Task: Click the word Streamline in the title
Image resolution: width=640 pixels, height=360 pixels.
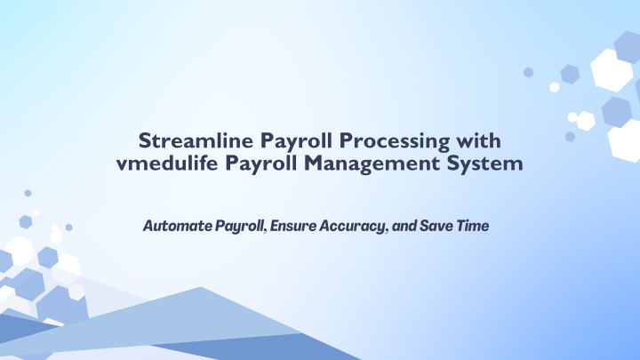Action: click(196, 140)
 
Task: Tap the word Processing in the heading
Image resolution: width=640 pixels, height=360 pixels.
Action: click(395, 142)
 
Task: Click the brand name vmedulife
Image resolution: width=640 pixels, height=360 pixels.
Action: click(167, 163)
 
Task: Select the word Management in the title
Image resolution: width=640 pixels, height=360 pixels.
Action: click(372, 164)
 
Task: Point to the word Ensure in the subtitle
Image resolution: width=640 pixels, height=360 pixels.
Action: click(293, 226)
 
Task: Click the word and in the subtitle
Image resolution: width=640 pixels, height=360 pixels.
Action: click(404, 226)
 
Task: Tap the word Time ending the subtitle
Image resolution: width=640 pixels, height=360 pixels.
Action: click(473, 226)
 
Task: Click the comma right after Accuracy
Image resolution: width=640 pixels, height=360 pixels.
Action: click(387, 231)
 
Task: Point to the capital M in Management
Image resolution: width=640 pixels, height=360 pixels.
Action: click(316, 163)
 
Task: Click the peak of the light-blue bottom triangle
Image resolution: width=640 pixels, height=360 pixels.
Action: click(200, 287)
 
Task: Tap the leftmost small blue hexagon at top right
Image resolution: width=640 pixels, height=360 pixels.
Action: click(529, 72)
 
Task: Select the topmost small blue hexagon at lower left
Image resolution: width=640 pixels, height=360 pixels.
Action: click(28, 193)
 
